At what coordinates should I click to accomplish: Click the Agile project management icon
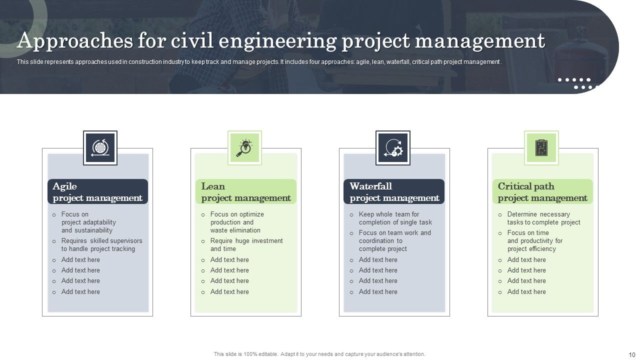point(100,148)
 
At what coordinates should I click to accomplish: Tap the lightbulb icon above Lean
point(244,148)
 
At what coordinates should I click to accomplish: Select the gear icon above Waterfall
point(393,148)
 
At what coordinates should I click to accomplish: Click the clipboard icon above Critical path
point(541,148)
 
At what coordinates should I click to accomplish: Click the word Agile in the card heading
point(65,186)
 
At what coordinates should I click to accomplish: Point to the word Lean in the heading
point(213,186)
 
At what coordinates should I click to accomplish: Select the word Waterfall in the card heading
point(370,186)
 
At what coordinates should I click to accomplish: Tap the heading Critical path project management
point(542,192)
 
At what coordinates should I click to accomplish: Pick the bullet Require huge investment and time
point(246,245)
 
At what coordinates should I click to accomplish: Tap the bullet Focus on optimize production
point(237,222)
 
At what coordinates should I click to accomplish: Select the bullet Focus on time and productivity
point(534,240)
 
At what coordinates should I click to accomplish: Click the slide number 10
point(631,354)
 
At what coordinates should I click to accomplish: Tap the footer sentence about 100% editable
point(319,354)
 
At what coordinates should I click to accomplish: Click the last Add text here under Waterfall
point(378,292)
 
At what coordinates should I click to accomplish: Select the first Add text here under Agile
point(80,260)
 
